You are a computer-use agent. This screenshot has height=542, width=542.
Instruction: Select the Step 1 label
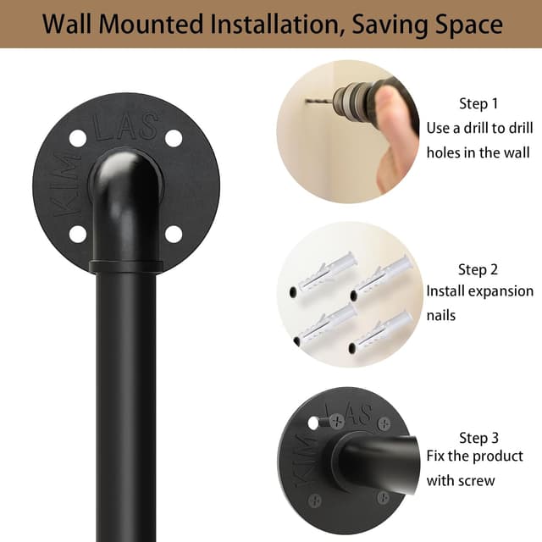pyautogui.click(x=478, y=103)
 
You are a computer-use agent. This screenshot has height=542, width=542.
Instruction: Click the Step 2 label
pyautogui.click(x=478, y=269)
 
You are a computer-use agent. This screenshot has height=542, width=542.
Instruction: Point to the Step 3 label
pyautogui.click(x=478, y=438)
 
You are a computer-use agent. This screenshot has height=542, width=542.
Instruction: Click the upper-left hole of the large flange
pyautogui.click(x=78, y=138)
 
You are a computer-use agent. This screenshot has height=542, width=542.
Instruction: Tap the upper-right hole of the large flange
pyautogui.click(x=174, y=138)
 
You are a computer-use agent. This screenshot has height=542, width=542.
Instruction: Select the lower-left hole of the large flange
pyautogui.click(x=78, y=234)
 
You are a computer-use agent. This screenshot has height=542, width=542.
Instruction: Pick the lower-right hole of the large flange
pyautogui.click(x=174, y=234)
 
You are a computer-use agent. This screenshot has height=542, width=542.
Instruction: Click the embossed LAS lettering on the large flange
pyautogui.click(x=126, y=126)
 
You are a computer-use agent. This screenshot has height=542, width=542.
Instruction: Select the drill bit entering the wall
pyautogui.click(x=318, y=102)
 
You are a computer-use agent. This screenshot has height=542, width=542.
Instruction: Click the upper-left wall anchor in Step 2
pyautogui.click(x=324, y=273)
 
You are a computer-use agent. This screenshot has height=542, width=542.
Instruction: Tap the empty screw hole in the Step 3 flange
pyautogui.click(x=313, y=423)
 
